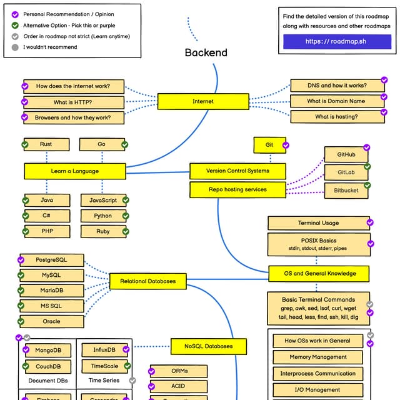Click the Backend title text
click(x=206, y=52)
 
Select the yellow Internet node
click(x=202, y=101)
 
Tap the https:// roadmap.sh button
click(x=337, y=42)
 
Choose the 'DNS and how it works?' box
click(x=337, y=86)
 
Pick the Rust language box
click(x=46, y=144)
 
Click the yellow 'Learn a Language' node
click(x=74, y=171)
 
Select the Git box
click(x=269, y=145)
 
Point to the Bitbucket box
click(x=346, y=191)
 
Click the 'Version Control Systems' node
click(x=237, y=171)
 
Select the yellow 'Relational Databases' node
click(x=148, y=281)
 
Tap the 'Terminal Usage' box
click(x=318, y=223)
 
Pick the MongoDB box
click(x=48, y=351)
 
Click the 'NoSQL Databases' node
click(x=208, y=346)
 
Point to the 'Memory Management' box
click(x=318, y=357)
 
